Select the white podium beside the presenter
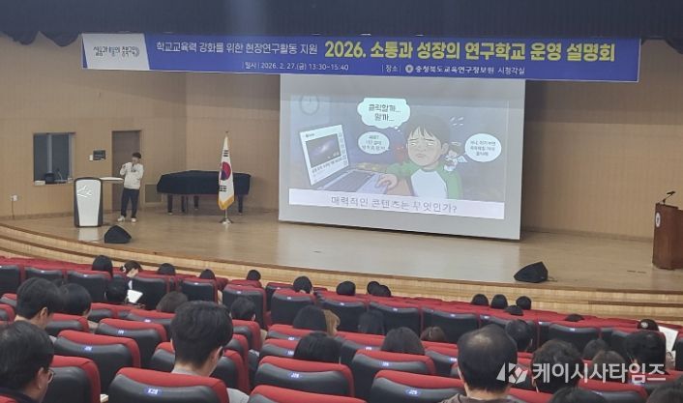coord(88,201)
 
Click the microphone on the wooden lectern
coord(668,195)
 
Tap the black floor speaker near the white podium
coord(117,235)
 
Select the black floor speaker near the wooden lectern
coord(530,273)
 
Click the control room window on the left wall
coord(53,158)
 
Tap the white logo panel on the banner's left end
coord(116,51)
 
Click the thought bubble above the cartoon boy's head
coord(383,112)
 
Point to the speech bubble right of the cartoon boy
coord(482,147)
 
